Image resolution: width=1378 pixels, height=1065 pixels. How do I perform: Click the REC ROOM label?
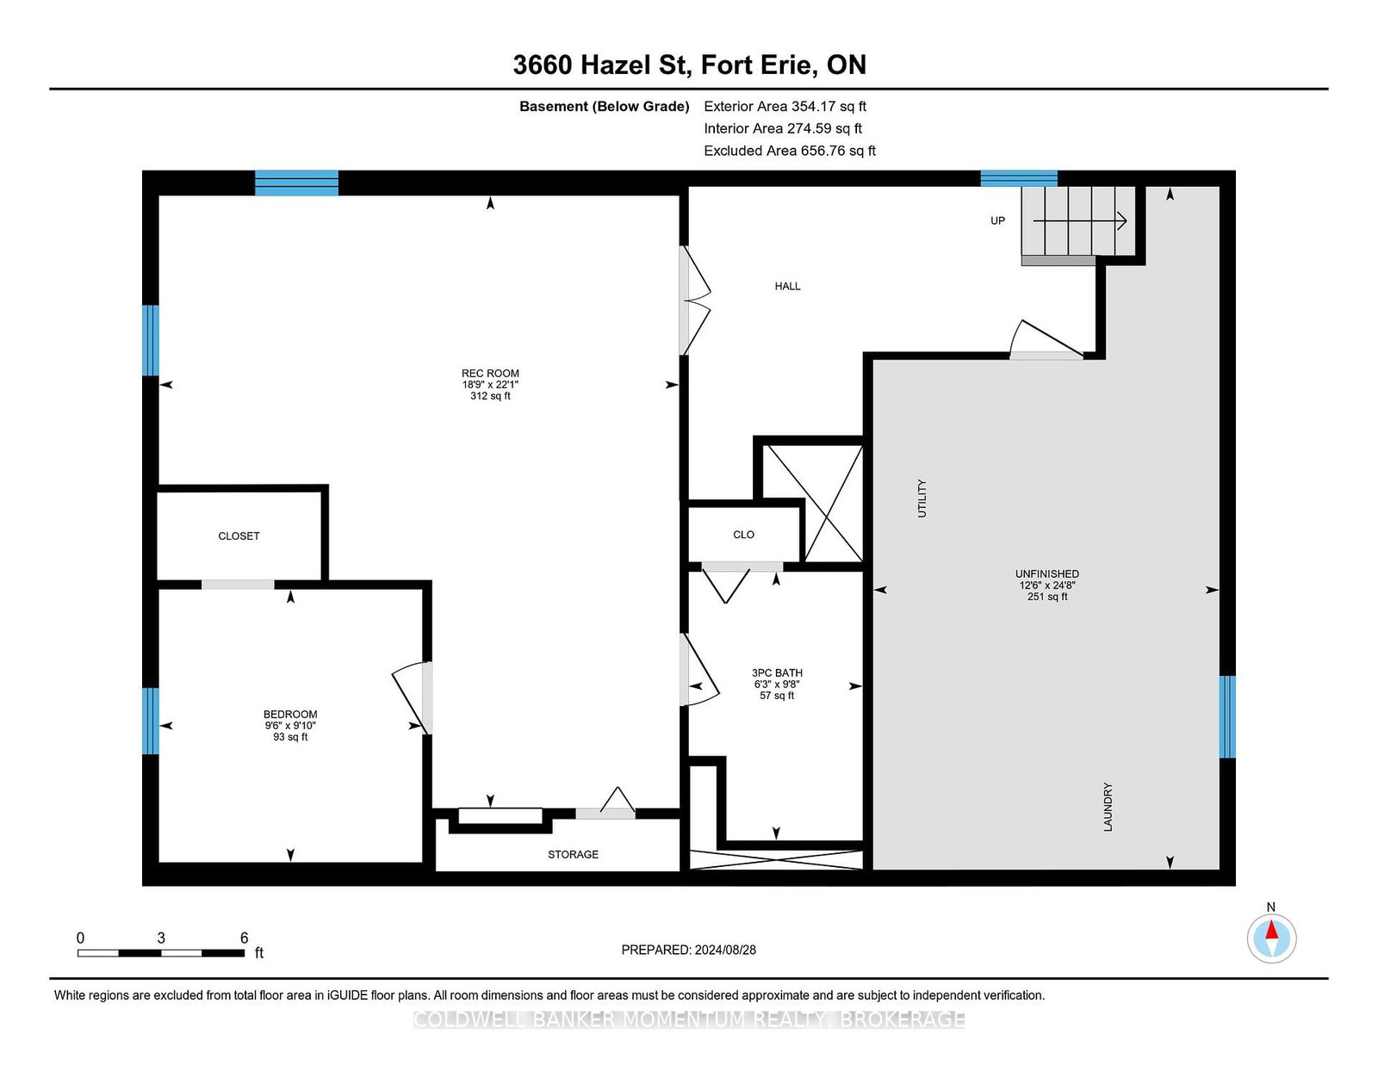tap(490, 374)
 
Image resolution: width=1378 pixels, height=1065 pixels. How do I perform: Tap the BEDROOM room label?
tap(290, 714)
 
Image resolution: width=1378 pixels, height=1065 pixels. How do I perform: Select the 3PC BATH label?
tap(777, 672)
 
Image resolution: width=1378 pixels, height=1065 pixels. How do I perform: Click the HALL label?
tap(787, 286)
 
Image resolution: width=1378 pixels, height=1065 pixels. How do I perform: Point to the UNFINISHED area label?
tap(1046, 573)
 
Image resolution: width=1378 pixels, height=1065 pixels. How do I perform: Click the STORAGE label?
tap(573, 854)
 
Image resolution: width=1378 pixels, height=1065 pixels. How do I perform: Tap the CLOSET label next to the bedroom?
tap(239, 536)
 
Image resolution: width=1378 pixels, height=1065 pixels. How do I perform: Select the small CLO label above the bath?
tap(743, 535)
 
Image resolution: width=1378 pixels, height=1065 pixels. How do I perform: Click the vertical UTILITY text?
tap(922, 498)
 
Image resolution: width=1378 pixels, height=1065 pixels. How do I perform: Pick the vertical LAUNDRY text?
tap(1108, 807)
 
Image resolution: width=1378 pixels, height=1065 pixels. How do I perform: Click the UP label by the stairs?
tap(997, 220)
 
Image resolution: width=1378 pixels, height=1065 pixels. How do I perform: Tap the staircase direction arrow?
tap(1081, 221)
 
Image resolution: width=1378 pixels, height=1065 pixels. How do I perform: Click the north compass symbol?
tap(1271, 938)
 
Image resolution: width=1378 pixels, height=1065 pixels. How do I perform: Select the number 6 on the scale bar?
tap(245, 938)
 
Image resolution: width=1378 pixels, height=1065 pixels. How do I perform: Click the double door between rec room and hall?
tap(694, 300)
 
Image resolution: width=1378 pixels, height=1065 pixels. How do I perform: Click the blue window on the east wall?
tap(1227, 716)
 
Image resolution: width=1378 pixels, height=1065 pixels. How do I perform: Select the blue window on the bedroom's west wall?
tap(151, 721)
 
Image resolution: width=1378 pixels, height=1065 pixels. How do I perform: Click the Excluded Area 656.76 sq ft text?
tap(790, 151)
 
